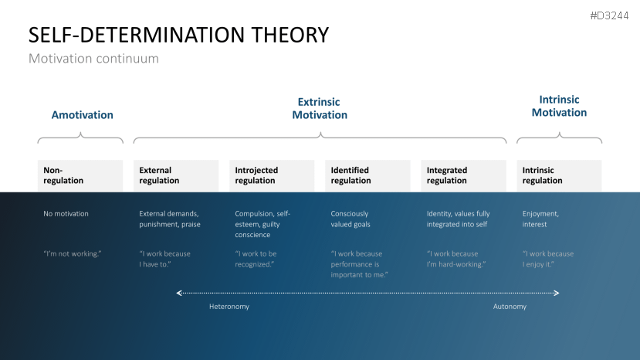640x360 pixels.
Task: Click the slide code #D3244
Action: (609, 16)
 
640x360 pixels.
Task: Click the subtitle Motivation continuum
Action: (93, 59)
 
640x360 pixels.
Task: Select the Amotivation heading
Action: (82, 115)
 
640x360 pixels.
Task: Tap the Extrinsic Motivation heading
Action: (320, 108)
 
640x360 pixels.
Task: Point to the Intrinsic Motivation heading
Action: (559, 106)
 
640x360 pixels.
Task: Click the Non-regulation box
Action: (80, 175)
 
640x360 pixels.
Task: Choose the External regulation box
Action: (176, 175)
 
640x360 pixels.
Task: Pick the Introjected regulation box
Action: (272, 175)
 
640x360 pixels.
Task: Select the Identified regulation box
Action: (367, 175)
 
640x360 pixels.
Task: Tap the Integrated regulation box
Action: (464, 175)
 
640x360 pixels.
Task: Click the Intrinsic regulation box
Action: (559, 175)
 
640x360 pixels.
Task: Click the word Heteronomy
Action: (229, 307)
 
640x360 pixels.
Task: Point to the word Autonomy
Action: (510, 307)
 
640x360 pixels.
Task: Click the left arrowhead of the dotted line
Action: (179, 293)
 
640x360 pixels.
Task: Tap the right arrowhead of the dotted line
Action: (557, 293)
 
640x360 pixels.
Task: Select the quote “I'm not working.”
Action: (73, 253)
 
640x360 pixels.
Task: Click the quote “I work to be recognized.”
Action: (256, 259)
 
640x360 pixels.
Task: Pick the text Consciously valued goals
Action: (350, 219)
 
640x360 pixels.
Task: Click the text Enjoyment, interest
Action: (540, 219)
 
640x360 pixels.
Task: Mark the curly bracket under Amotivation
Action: (80, 138)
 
